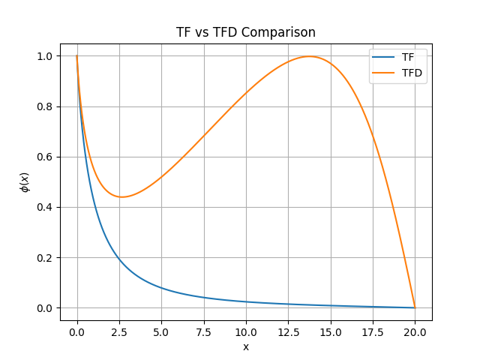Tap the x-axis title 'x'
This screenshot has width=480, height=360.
click(246, 346)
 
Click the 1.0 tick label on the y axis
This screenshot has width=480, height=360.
click(46, 56)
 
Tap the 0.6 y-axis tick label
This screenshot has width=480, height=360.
click(46, 157)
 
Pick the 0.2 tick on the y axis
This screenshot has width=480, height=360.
click(46, 258)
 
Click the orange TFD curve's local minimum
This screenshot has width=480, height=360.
click(121, 197)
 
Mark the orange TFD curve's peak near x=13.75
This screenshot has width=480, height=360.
click(309, 56)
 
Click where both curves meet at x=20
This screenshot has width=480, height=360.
click(415, 307)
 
